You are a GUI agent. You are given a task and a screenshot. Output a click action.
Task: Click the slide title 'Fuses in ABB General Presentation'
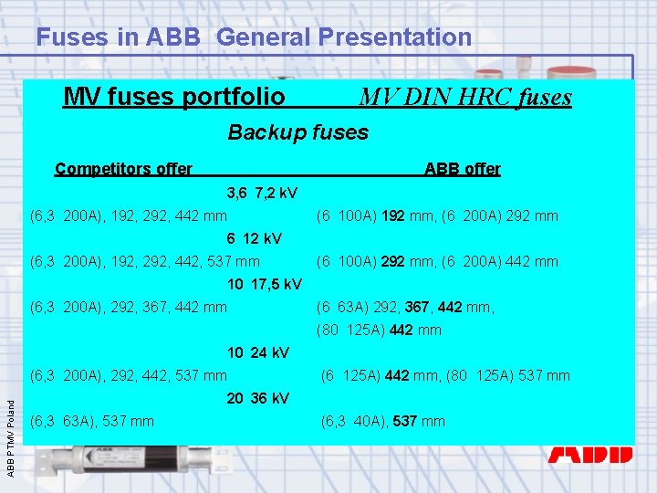(x=254, y=37)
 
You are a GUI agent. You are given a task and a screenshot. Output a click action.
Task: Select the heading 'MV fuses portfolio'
(x=174, y=96)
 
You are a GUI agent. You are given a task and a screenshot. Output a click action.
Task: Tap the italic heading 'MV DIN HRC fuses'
(x=465, y=97)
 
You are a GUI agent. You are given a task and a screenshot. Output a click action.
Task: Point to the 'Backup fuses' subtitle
(x=297, y=132)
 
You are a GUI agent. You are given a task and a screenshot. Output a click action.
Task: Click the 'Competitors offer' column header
(x=123, y=169)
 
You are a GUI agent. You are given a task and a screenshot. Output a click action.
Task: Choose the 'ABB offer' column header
(x=462, y=169)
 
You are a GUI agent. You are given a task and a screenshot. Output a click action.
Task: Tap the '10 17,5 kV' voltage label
(x=265, y=285)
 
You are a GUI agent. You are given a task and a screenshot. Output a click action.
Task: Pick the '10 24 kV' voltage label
(x=258, y=352)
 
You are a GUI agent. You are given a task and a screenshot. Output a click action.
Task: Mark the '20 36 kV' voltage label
(x=258, y=398)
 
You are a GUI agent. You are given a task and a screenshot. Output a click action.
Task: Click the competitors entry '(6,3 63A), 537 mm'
(x=92, y=421)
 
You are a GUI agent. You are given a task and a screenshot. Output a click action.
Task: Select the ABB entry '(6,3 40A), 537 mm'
(x=382, y=421)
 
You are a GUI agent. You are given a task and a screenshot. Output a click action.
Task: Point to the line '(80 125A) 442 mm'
(x=379, y=330)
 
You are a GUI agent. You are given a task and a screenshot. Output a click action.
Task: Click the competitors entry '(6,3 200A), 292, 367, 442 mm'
(x=129, y=308)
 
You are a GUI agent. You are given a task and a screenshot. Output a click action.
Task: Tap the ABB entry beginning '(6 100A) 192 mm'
(x=437, y=216)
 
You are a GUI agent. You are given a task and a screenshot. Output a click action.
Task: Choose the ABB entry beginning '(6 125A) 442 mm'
(x=444, y=375)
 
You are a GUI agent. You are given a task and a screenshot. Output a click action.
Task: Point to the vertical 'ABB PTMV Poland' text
(x=11, y=429)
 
